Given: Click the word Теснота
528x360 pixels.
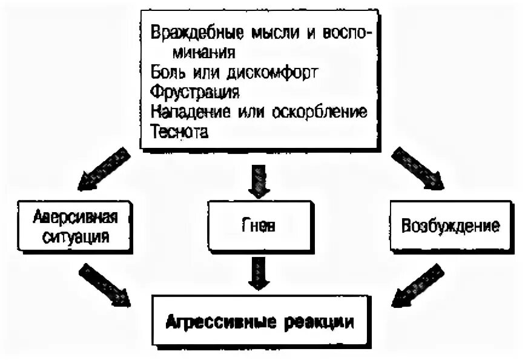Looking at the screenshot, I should (x=180, y=132).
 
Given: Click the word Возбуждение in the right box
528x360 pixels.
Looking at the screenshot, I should (x=451, y=227).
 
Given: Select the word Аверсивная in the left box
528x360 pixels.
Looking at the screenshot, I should (x=73, y=218).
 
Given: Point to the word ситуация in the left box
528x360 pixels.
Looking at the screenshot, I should (x=73, y=236).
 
